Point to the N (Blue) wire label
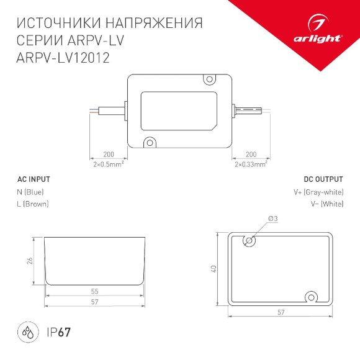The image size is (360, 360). [30, 192]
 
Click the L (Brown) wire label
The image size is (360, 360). [33, 204]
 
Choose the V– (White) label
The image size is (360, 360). [326, 204]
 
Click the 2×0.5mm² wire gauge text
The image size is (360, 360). [109, 164]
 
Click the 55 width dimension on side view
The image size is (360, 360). [94, 291]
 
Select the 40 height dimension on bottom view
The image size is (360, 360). [212, 269]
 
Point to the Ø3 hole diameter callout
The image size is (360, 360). [272, 218]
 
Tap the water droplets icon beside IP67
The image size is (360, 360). [28, 332]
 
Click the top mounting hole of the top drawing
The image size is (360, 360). [210, 79]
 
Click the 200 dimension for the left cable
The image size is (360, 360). [109, 154]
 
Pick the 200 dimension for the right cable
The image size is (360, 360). [251, 154]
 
